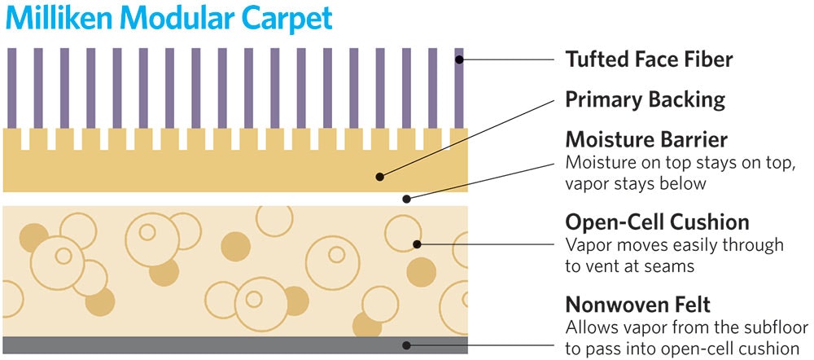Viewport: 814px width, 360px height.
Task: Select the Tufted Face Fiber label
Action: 649,59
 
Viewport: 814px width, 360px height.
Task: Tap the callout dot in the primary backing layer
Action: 380,175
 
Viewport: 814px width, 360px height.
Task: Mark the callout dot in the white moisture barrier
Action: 407,198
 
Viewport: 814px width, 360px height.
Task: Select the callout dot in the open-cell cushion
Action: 417,242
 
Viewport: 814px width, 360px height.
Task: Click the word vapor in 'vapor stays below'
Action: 585,183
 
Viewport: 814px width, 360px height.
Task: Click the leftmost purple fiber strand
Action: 11,86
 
